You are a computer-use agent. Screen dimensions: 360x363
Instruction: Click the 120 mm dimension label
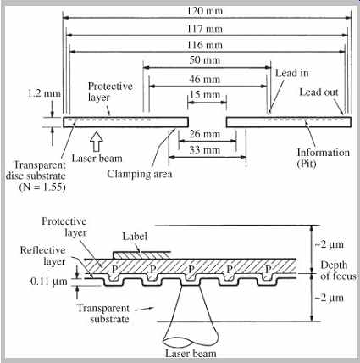pos(205,11)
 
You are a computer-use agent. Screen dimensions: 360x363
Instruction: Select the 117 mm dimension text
pos(205,29)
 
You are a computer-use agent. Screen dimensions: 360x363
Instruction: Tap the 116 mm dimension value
pos(205,45)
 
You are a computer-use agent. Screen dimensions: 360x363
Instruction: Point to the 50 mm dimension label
pos(205,60)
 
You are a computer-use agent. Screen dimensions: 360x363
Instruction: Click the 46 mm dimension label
pos(205,79)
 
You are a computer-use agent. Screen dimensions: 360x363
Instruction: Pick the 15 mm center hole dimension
pos(205,94)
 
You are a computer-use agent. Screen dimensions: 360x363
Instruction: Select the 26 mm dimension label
pos(205,134)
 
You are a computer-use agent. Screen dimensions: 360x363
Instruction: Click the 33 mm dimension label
pos(205,150)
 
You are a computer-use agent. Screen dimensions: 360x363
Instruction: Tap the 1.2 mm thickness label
pos(44,93)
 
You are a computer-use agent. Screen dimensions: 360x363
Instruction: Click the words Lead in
pos(292,73)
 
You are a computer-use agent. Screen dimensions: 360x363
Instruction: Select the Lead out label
pos(318,92)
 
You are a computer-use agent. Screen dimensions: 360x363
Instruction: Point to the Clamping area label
pos(140,174)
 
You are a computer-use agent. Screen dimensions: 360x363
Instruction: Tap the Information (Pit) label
pos(324,158)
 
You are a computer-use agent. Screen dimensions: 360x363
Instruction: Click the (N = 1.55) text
pos(42,187)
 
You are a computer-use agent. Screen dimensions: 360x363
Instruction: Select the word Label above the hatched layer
pos(135,237)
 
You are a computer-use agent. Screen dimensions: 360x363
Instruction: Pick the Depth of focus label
pos(338,271)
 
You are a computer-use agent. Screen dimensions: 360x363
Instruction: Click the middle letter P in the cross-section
pos(191,269)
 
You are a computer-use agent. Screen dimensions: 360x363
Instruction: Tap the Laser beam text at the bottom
pos(191,354)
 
